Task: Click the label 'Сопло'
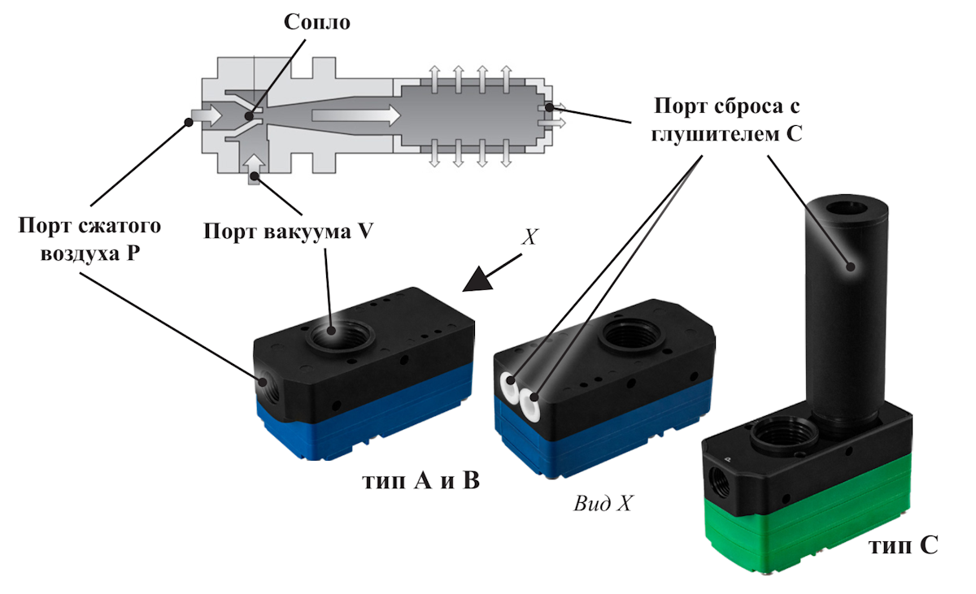pos(317,22)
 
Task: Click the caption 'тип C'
pos(904,545)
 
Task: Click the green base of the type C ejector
pos(813,520)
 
